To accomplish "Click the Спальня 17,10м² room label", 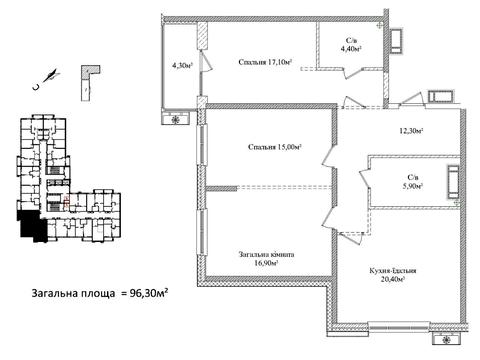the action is click(265, 62).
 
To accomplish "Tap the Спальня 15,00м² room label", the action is click(275, 147).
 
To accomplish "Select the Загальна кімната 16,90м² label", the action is click(266, 259).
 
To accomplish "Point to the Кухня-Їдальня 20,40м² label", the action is click(393, 275).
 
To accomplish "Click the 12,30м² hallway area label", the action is click(411, 131).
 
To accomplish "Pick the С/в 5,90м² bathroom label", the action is click(413, 182).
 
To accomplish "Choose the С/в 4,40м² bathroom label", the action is click(351, 45).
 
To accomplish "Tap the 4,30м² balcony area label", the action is click(182, 66).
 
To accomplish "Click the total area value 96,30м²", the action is click(148, 293).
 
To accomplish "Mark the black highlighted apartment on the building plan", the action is click(32, 225).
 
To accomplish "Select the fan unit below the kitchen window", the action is click(447, 339).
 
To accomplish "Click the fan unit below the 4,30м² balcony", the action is click(176, 119).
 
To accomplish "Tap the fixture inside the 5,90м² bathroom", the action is click(453, 182).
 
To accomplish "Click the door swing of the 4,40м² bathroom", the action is click(352, 73).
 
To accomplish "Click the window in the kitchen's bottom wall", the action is click(399, 327).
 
